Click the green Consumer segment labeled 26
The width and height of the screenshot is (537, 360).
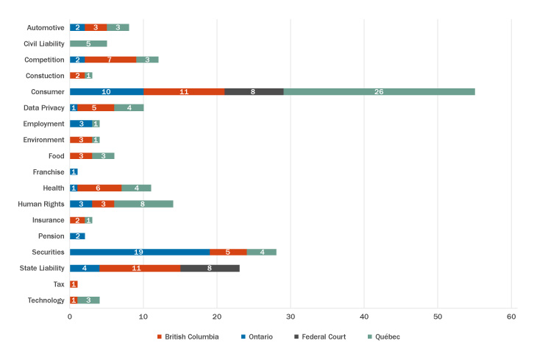pos(379,91)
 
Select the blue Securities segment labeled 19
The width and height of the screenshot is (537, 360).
pos(140,252)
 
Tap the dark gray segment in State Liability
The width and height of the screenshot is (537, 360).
pos(210,268)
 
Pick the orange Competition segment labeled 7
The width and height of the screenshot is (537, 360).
pos(110,60)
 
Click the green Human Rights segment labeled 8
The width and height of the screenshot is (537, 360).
pos(143,204)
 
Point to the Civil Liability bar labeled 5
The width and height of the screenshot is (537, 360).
pos(88,43)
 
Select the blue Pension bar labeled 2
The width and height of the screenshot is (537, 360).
pos(77,236)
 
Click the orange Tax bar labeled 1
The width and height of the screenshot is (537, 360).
pos(74,284)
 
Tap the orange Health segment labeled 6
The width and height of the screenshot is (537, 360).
pos(99,188)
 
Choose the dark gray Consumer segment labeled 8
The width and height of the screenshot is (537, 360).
pos(254,91)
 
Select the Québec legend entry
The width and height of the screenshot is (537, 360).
pos(383,336)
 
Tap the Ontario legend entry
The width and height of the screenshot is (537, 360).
pos(257,336)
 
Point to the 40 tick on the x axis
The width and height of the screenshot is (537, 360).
pos(364,317)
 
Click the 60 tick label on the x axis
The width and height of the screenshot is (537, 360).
pos(511,317)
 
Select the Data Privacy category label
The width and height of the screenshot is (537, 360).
pos(43,107)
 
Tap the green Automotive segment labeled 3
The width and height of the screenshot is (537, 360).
pos(118,27)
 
